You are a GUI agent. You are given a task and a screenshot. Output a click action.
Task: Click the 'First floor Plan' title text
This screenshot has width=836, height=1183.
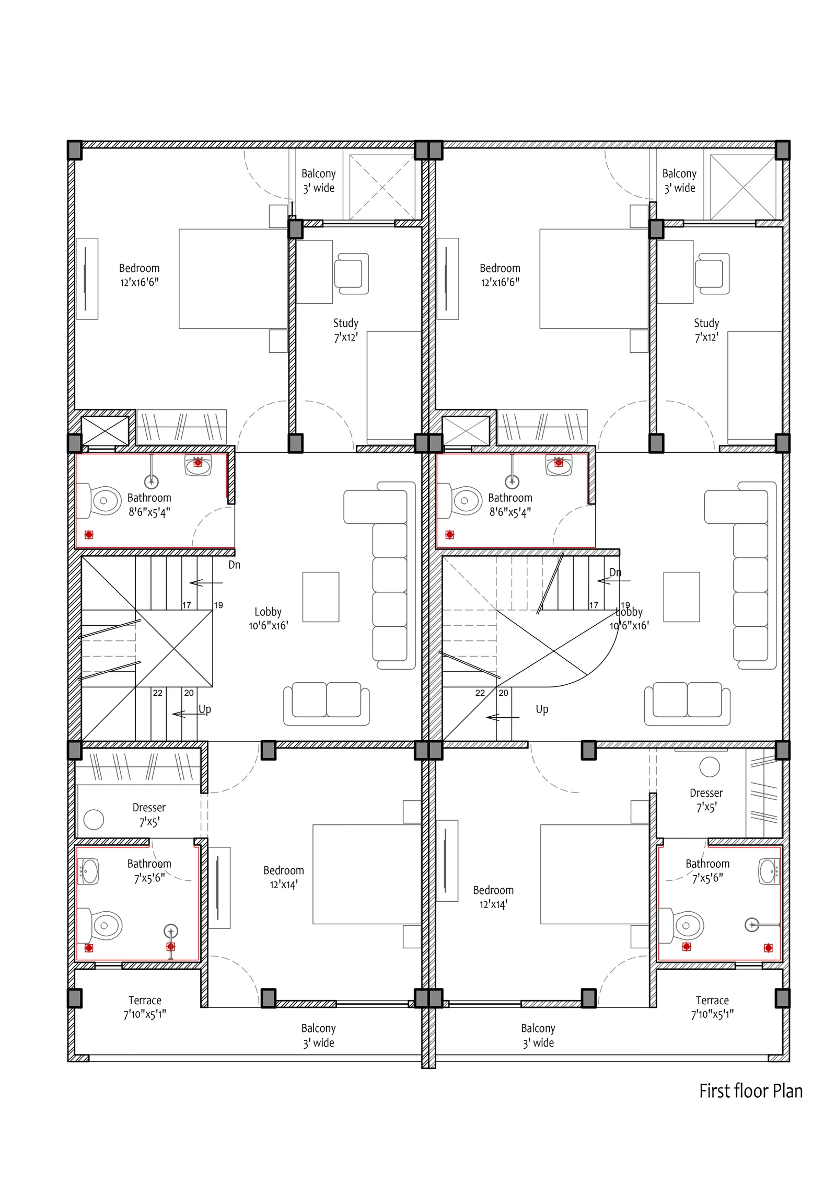(750, 1091)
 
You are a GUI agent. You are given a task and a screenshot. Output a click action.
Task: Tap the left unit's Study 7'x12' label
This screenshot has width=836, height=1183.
(346, 330)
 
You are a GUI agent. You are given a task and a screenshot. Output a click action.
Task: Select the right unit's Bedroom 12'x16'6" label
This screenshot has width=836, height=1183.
(500, 275)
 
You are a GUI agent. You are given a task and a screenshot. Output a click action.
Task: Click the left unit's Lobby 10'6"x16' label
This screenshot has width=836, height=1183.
(268, 618)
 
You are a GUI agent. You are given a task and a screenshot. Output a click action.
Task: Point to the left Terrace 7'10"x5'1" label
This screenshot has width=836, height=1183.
(145, 1007)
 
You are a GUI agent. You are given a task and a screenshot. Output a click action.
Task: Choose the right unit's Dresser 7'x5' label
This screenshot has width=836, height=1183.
(706, 800)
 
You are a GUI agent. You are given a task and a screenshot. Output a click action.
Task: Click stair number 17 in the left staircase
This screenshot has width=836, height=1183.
(187, 605)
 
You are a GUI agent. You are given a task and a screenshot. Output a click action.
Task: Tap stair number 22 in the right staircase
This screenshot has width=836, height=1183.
(480, 693)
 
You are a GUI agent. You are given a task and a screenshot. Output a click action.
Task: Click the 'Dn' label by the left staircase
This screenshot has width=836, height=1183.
(234, 565)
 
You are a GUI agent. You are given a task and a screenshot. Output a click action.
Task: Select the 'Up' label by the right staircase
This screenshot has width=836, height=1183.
(542, 709)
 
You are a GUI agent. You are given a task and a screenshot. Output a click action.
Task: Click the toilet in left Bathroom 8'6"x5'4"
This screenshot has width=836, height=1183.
(99, 500)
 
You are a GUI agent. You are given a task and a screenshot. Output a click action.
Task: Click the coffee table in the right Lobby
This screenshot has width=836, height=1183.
(681, 596)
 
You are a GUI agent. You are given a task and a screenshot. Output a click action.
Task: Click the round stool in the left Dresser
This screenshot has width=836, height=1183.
(94, 819)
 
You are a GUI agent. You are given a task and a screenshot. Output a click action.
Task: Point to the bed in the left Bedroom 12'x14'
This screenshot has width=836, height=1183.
(367, 874)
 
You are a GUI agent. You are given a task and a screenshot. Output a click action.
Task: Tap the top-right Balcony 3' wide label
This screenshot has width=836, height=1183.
(679, 180)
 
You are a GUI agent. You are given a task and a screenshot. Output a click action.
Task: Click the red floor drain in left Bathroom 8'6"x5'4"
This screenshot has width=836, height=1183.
(89, 534)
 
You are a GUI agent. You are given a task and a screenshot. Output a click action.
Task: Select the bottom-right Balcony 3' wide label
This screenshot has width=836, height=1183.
(538, 1035)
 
